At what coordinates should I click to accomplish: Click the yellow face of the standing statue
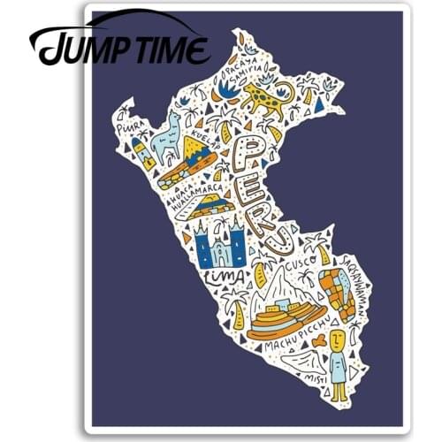click(x=337, y=339)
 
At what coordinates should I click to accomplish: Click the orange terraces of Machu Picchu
click(x=283, y=319)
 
